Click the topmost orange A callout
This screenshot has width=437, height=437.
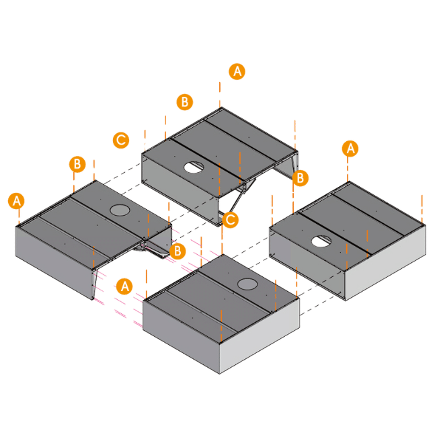click(x=237, y=71)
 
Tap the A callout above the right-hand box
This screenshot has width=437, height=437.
click(x=350, y=149)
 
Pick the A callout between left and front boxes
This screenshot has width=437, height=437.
click(x=124, y=286)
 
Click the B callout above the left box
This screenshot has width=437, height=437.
click(x=77, y=164)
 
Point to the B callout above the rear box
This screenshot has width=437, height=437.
click(x=184, y=102)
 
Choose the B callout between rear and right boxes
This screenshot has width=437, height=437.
click(x=301, y=177)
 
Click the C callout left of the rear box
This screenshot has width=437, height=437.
click(x=120, y=140)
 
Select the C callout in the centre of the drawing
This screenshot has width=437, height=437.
click(x=231, y=219)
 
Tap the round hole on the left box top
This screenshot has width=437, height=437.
click(x=120, y=210)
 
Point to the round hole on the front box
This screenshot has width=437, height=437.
click(x=246, y=284)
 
